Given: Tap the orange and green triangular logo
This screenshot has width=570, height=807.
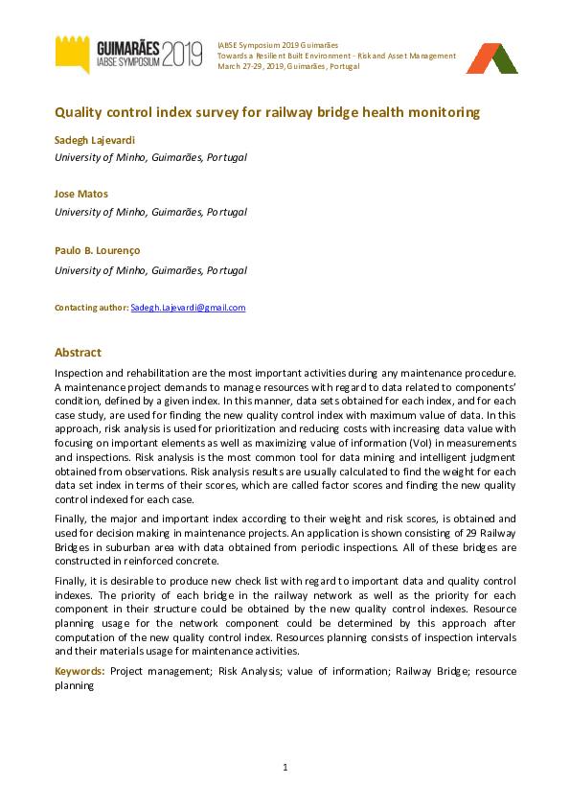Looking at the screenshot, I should [x=490, y=58].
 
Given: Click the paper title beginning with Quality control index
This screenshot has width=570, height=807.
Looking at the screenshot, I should [x=266, y=112].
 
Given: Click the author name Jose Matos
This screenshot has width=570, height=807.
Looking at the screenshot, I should [x=81, y=194].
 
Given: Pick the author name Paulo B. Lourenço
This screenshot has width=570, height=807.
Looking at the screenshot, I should [x=97, y=250].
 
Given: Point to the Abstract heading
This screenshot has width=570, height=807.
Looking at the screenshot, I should [x=78, y=353].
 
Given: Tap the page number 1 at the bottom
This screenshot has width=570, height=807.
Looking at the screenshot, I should [x=285, y=768].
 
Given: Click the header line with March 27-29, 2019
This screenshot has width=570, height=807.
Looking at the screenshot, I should [x=288, y=67].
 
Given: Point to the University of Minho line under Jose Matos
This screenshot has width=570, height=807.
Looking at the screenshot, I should [x=150, y=212].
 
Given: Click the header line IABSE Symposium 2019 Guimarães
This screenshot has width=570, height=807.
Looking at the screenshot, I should [x=279, y=45].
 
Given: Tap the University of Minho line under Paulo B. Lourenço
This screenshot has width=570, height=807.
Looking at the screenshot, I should [x=150, y=270].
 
